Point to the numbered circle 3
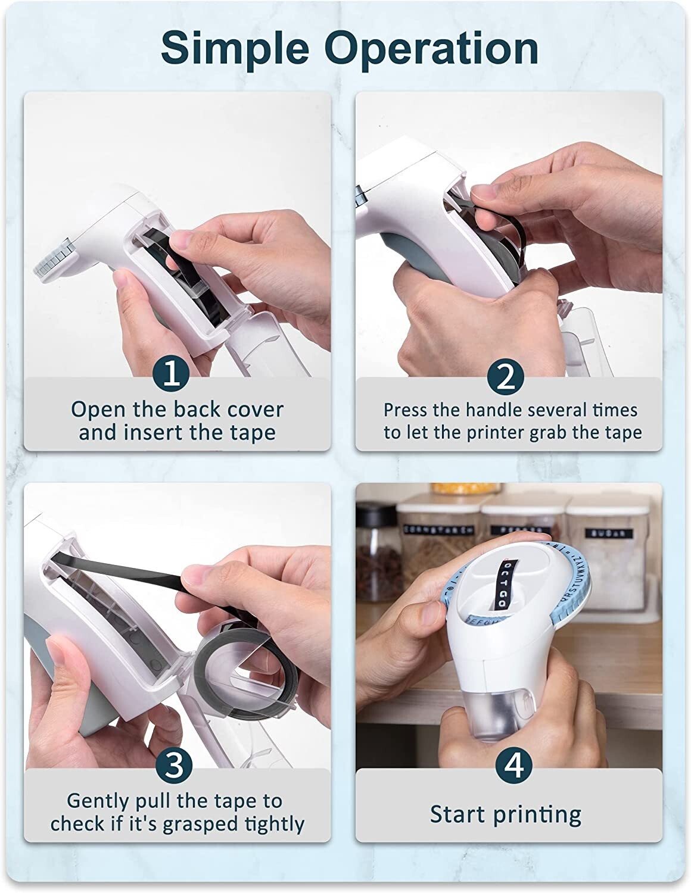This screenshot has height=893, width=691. click(173, 766)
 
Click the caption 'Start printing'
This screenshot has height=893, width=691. click(506, 814)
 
